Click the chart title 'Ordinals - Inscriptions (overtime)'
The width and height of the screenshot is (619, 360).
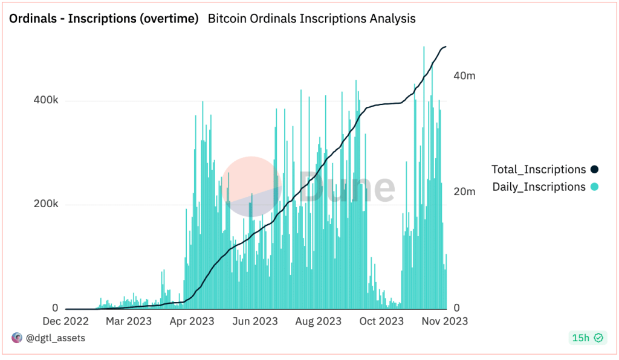[103, 19]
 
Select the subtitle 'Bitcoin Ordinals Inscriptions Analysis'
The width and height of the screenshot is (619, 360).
[311, 19]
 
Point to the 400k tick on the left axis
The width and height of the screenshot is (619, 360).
[45, 100]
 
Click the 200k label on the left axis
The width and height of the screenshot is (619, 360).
[45, 204]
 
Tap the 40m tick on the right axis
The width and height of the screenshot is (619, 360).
[464, 76]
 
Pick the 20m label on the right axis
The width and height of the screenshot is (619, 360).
[464, 191]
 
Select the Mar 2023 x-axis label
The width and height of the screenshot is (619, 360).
[129, 321]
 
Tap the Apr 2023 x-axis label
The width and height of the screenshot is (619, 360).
[192, 321]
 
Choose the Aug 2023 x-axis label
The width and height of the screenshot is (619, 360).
[319, 321]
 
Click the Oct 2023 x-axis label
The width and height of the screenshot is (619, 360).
[381, 321]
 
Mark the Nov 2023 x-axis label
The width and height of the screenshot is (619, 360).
[445, 321]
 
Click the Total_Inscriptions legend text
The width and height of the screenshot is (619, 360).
[539, 170]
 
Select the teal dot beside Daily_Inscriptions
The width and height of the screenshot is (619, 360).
[594, 187]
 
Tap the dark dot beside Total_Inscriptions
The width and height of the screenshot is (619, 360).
[594, 170]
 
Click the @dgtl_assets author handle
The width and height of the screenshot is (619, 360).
[55, 338]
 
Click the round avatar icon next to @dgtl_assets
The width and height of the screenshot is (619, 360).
[16, 338]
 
